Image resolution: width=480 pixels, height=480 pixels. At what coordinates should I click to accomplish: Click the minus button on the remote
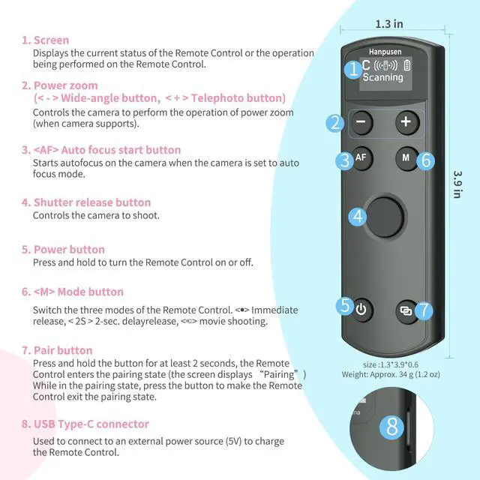point(361,121)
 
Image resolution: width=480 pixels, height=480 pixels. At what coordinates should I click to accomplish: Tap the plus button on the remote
point(406,121)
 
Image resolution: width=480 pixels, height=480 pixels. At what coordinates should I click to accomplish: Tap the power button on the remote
point(361,308)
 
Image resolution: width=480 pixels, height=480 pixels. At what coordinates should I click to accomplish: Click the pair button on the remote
point(406,308)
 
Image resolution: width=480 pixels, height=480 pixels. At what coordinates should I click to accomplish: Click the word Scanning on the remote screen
point(383,77)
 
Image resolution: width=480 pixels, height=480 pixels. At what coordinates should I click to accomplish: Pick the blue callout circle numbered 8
point(391,427)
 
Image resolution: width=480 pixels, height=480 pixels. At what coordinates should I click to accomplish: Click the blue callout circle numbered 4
point(358,217)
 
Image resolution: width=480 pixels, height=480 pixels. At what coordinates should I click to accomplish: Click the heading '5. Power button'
point(63,250)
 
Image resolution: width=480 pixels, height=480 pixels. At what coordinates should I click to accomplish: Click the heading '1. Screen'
point(45,40)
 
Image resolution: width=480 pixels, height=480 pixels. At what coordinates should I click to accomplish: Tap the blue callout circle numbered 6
point(424,160)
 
